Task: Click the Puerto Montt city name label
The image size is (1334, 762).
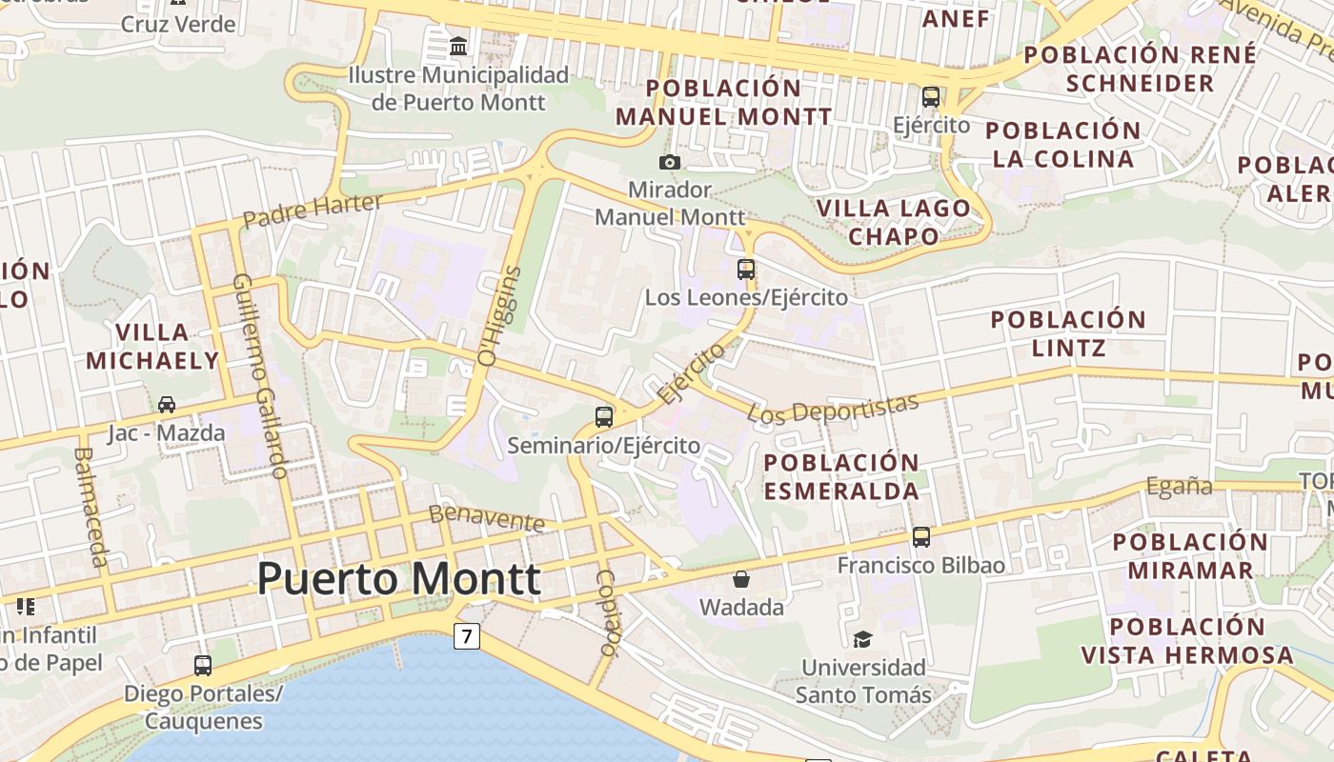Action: pos(399,578)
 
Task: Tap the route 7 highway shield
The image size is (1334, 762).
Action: pos(466,635)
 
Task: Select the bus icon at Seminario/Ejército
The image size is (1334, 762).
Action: pos(604,416)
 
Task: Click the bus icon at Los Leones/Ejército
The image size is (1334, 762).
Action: pos(746,269)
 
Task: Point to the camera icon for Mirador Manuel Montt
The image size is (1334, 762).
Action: pos(670,162)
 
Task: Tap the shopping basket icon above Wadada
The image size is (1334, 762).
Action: pos(741,578)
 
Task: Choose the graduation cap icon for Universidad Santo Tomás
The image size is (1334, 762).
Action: pos(862,638)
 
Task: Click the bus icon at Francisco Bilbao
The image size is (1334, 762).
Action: pos(920,536)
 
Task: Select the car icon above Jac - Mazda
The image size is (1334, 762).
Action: pos(167,405)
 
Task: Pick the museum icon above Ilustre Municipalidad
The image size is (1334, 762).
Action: pos(458,46)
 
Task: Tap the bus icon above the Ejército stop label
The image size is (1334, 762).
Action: pos(931,96)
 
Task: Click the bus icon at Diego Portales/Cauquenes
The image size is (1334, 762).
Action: pos(202,665)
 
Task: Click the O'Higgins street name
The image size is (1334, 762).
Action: pos(500,316)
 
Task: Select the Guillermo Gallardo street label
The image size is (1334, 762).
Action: pos(259,376)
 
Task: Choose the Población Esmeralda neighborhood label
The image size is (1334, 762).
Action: pos(841,476)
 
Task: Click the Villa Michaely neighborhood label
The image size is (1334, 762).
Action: pos(152,347)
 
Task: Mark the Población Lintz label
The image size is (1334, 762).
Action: pos(1068,333)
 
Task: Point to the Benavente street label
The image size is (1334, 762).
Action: pos(487,517)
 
